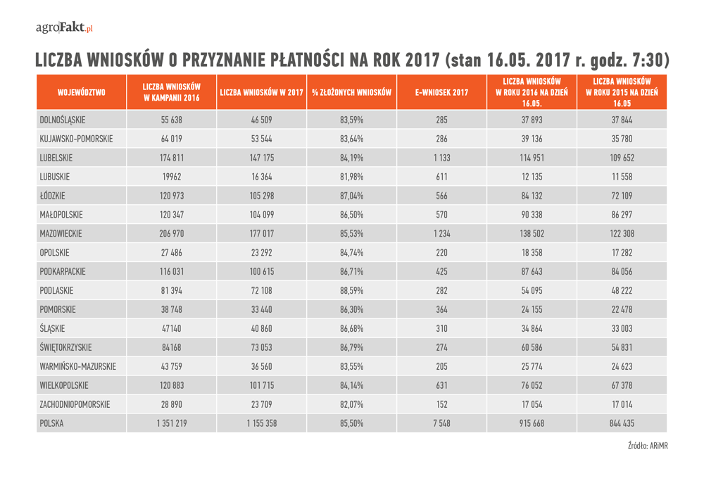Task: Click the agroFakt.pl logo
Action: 64,28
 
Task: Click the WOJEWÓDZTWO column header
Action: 81,92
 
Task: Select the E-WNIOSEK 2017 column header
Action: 441,92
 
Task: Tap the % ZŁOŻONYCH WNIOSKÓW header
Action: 351,92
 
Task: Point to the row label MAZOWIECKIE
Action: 61,234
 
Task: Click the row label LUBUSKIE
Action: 55,177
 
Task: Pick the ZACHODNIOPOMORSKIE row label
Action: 75,404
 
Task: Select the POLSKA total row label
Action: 51,423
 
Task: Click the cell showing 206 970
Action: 172,234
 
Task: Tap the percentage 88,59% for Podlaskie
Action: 351,290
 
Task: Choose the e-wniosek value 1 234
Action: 442,234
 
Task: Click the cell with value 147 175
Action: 262,158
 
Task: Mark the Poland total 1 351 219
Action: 172,423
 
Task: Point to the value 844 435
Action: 622,423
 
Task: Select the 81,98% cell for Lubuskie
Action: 351,177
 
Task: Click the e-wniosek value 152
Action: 442,404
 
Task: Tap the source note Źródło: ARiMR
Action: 648,446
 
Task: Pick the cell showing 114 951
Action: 532,158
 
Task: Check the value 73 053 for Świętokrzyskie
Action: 262,347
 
